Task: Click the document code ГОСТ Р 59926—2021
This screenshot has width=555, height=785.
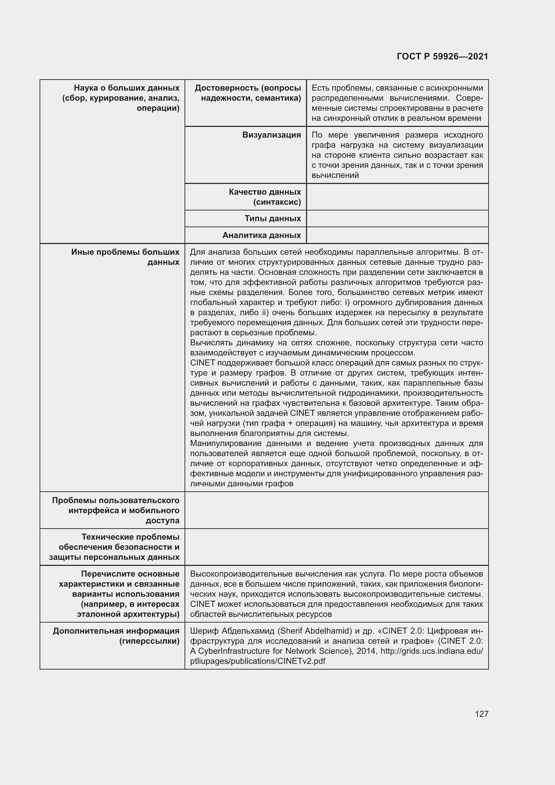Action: (x=442, y=56)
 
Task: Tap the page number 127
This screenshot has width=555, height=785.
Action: (x=481, y=714)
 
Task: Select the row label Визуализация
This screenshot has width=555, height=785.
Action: (x=271, y=135)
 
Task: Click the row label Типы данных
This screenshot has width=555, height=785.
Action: (x=272, y=218)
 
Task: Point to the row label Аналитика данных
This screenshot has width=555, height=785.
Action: (x=261, y=235)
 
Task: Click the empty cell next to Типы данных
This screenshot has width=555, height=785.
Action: (x=397, y=218)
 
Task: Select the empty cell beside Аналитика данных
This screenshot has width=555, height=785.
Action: (x=397, y=235)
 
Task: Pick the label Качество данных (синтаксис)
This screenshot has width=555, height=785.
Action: (x=264, y=197)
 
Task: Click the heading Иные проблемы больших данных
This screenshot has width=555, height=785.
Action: (x=125, y=257)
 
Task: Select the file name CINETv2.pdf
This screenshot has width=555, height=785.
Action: (x=301, y=661)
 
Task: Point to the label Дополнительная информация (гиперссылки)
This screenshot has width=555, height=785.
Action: (x=116, y=636)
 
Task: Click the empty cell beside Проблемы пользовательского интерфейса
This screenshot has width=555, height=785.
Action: (x=336, y=510)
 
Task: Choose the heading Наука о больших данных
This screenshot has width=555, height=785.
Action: (x=127, y=88)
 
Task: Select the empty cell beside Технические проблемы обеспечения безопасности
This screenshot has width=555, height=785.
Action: (x=336, y=547)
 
